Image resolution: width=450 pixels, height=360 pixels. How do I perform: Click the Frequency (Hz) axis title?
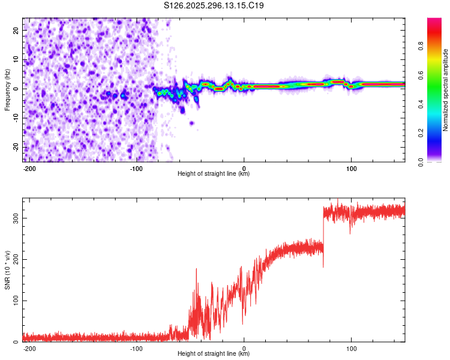[x=7, y=90]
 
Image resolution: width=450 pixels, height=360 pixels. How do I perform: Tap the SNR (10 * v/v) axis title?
[x=7, y=269]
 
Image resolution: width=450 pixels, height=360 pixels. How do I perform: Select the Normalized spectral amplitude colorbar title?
[x=446, y=91]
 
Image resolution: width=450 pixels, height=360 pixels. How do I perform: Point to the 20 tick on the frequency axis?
[x=16, y=30]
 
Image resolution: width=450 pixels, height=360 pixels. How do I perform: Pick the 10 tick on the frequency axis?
[x=16, y=59]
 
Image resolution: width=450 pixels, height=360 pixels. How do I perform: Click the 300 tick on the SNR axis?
[x=14, y=218]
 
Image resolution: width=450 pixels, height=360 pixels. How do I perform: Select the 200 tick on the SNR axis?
[x=14, y=259]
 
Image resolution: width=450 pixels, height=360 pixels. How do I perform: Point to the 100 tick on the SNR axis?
[x=14, y=301]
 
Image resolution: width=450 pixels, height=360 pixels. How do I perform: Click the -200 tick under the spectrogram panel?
[x=29, y=167]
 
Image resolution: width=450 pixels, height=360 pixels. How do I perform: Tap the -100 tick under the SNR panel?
[x=136, y=347]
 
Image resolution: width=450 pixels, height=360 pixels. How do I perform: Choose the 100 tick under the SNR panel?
[x=351, y=347]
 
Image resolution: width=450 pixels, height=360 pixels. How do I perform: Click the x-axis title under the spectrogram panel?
[x=214, y=174]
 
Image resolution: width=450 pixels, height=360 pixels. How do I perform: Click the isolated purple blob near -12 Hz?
[x=191, y=123]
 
